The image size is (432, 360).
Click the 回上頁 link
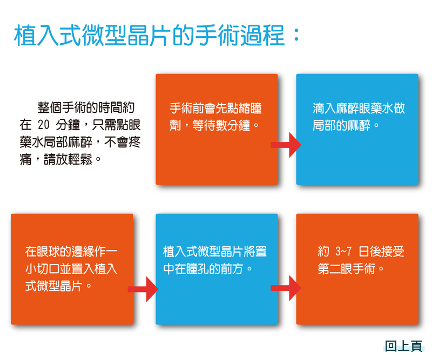(x=403, y=346)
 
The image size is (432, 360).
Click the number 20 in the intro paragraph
(x=44, y=125)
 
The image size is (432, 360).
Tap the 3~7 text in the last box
(x=343, y=252)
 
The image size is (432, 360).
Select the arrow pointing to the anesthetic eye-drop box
(x=286, y=145)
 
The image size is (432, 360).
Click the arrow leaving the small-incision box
(x=143, y=289)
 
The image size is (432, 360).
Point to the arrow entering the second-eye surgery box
(x=286, y=288)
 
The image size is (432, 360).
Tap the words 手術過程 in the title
(x=240, y=35)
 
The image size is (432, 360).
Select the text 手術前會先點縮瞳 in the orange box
(x=215, y=108)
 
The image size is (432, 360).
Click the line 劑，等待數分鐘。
(x=214, y=126)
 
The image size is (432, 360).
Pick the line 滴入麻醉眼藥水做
(x=359, y=108)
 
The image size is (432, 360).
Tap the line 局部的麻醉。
(x=346, y=126)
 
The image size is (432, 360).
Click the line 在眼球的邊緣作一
(x=71, y=252)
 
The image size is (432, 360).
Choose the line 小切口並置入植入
(x=71, y=269)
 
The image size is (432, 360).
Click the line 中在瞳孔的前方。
(x=208, y=269)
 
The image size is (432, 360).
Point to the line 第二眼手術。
(x=350, y=269)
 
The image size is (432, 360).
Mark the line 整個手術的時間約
(x=86, y=107)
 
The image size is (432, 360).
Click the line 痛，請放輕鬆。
(x=60, y=159)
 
